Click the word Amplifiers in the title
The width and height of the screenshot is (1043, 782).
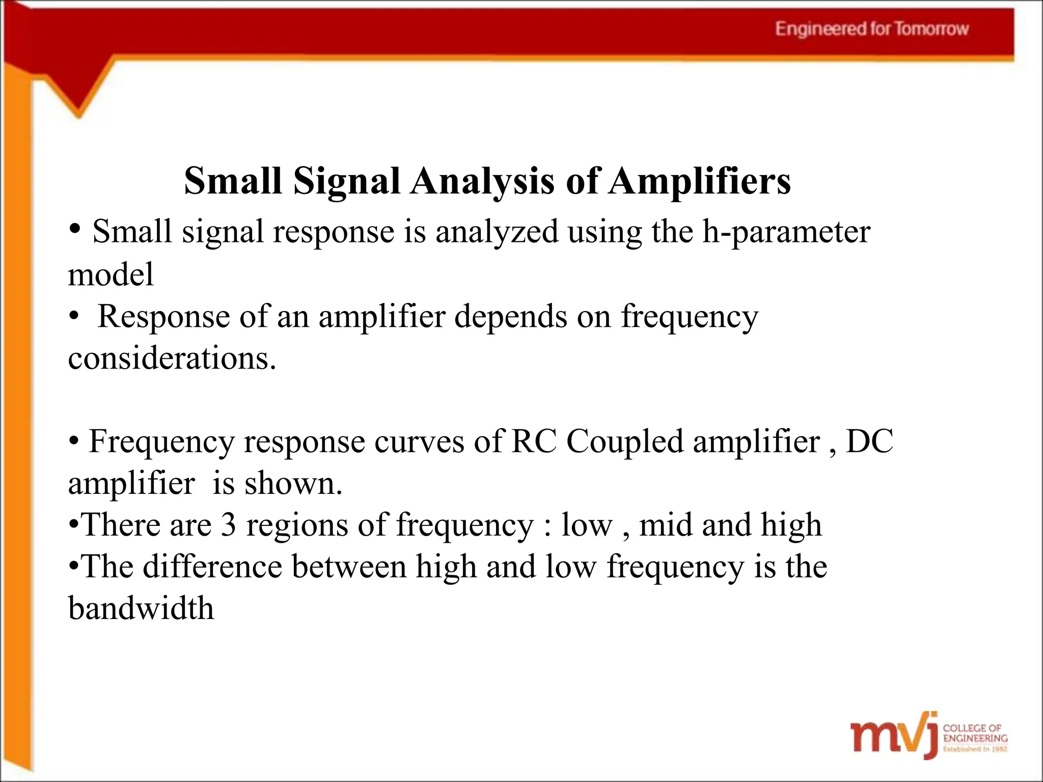point(700,181)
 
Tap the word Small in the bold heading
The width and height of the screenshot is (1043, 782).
point(233,181)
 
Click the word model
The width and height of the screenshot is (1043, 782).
point(111,274)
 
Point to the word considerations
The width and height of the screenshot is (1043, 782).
point(172,358)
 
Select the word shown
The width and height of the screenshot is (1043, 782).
point(293,483)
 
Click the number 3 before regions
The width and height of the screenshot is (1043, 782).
point(228,525)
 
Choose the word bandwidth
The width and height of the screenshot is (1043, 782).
point(141,608)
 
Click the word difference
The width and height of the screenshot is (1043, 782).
point(212,567)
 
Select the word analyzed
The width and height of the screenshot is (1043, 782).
point(497,232)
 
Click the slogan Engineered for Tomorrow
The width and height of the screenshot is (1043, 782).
point(871,29)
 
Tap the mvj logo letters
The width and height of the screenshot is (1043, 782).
point(894,736)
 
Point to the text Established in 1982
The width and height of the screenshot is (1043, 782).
point(975,749)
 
